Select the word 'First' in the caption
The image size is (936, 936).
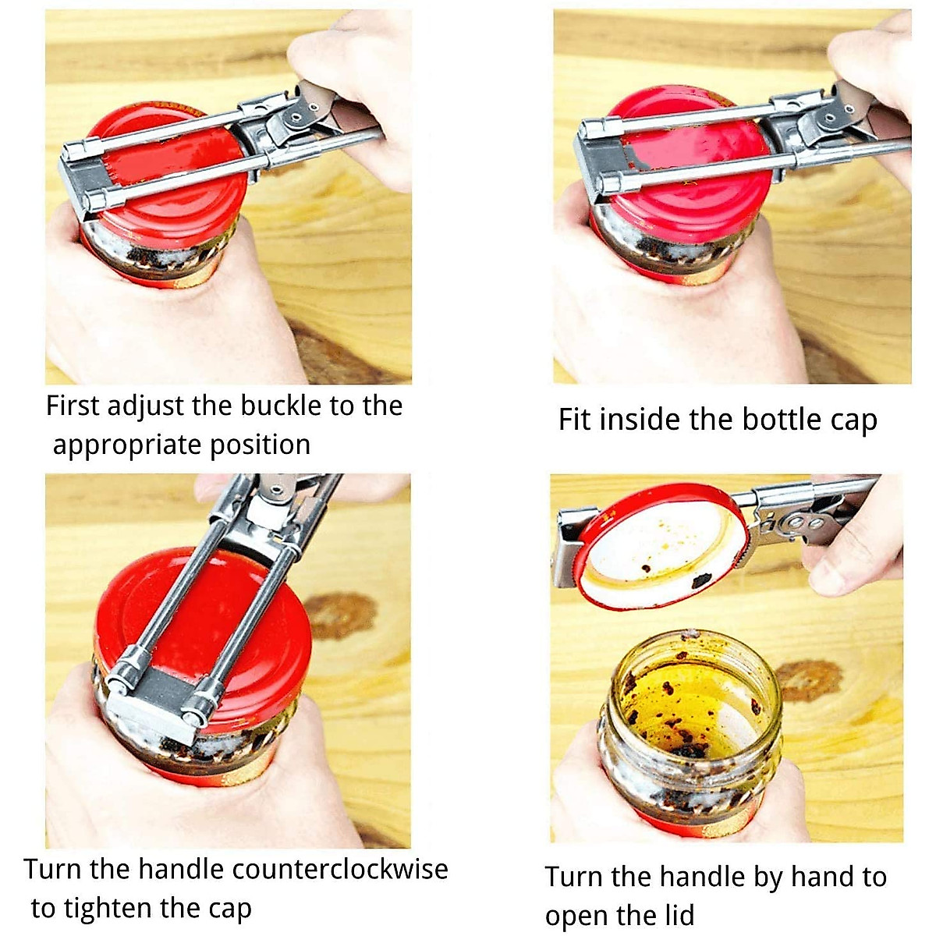click(x=72, y=406)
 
